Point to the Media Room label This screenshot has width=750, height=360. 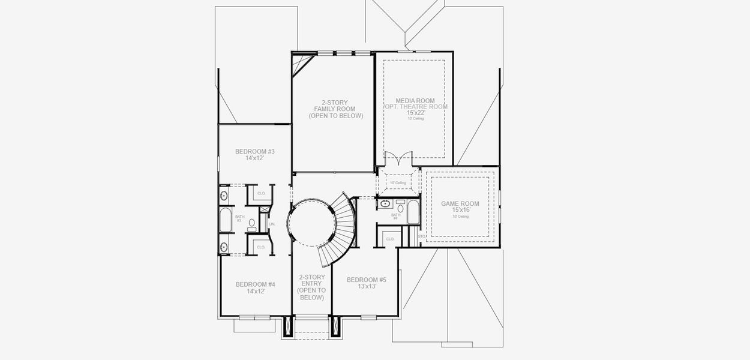(x=415, y=101)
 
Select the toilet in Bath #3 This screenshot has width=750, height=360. (x=252, y=223)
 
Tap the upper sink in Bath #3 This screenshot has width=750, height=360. (x=224, y=195)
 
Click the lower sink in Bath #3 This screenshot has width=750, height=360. (x=224, y=247)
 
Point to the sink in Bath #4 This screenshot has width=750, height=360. (x=385, y=204)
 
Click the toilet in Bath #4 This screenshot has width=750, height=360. (x=400, y=208)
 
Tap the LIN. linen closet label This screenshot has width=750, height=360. (x=272, y=224)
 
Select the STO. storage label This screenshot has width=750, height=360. (x=421, y=236)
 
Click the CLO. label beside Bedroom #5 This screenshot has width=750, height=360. (x=390, y=239)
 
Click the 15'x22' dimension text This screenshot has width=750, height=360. (x=415, y=112)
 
